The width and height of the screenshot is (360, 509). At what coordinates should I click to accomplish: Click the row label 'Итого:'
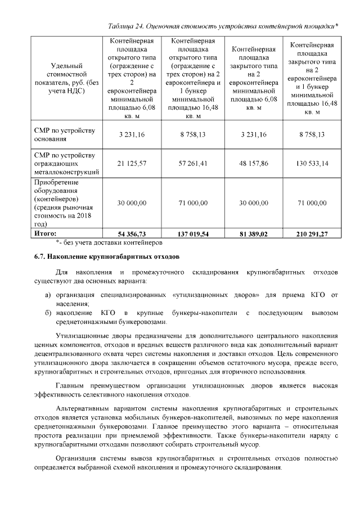coord(46,232)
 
